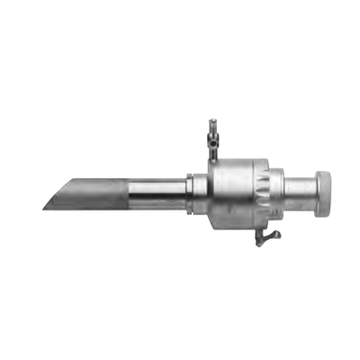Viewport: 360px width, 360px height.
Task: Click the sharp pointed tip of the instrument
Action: (42, 208)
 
